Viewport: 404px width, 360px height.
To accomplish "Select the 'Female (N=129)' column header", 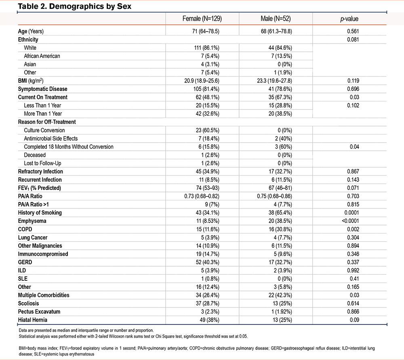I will click(202, 19).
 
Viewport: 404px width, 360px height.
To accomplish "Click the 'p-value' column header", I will click(349, 19).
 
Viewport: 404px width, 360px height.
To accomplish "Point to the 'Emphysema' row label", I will click(32, 221).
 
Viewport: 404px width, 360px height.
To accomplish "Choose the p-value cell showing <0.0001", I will click(349, 221).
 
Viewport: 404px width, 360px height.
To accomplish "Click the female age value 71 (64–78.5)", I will click(202, 31).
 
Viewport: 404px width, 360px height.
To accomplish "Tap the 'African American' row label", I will click(42, 56).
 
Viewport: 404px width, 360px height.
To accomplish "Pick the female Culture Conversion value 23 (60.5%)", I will click(202, 130).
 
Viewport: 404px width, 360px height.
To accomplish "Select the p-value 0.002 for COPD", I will click(349, 229).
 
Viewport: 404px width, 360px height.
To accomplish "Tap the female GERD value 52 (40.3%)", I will click(202, 262).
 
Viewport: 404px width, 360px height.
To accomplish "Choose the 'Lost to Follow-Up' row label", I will click(43, 163).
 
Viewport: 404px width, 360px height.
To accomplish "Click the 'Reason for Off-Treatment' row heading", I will click(47, 122).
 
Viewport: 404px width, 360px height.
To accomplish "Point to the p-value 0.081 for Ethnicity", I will click(349, 39).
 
